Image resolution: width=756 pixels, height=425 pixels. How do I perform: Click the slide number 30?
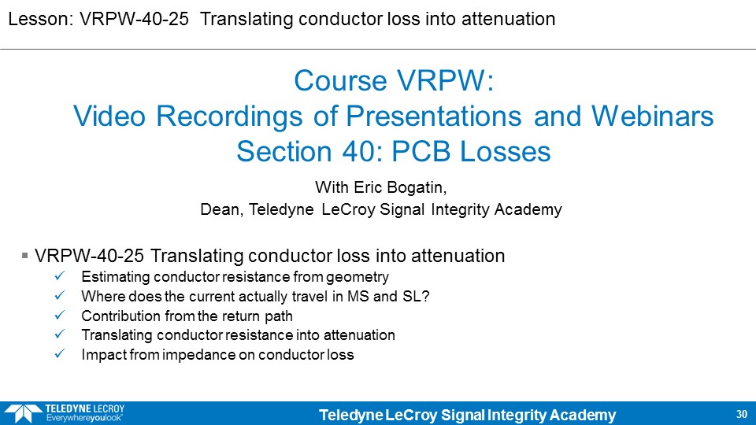(x=742, y=414)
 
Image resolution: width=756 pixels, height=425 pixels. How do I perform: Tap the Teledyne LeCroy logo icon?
(x=23, y=414)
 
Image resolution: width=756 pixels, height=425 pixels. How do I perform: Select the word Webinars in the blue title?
(x=652, y=116)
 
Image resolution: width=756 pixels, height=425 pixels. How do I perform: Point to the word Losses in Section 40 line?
(x=505, y=152)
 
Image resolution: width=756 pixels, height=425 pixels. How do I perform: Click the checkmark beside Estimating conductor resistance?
(x=60, y=276)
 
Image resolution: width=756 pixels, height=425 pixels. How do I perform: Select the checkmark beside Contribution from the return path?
(x=60, y=315)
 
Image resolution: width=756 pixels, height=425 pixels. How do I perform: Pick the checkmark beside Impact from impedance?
(x=60, y=354)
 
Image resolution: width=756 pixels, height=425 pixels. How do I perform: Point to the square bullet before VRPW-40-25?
(x=24, y=255)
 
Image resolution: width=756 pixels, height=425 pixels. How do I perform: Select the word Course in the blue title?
(x=341, y=80)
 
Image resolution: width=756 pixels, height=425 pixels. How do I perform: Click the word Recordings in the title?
(x=229, y=117)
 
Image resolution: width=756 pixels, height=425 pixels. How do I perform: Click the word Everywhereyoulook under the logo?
(x=84, y=418)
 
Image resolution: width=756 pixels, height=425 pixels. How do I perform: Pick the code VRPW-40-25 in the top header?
(x=134, y=19)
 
